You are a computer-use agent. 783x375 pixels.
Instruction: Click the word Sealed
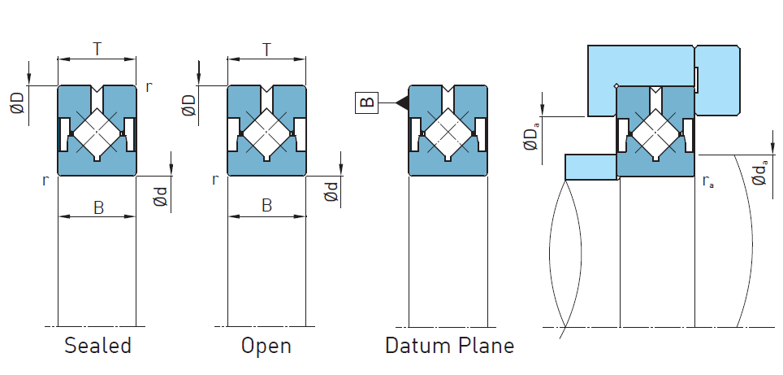97,346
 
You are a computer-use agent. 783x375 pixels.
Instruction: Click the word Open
266,346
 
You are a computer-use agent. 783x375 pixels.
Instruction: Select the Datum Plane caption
449,346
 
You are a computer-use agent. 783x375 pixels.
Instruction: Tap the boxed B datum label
366,102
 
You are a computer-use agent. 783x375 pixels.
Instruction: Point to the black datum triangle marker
400,102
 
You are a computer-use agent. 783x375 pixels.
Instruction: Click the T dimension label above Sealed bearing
97,49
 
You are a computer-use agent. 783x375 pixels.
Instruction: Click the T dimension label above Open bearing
266,49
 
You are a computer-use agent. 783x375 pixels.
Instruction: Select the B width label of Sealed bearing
98,207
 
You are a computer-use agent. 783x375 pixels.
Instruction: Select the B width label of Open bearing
266,207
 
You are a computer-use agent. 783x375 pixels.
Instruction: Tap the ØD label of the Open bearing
188,104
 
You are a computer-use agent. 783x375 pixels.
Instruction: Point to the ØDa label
532,136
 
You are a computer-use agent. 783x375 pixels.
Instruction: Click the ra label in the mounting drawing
707,182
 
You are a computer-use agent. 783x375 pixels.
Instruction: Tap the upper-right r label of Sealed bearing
148,85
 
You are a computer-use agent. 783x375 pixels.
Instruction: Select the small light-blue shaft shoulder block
590,167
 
